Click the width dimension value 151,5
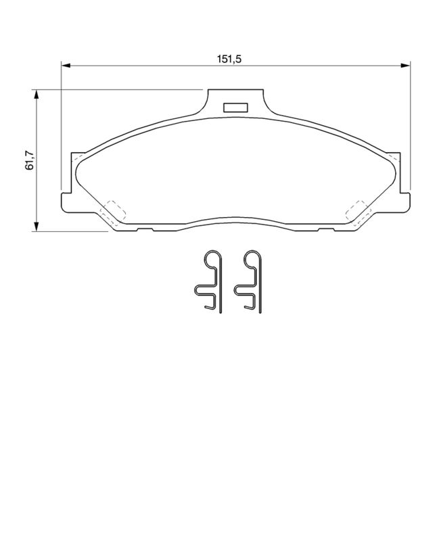click(229, 59)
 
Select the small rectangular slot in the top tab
click(235, 106)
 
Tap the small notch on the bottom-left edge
click(144, 229)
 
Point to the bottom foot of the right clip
click(252, 308)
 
